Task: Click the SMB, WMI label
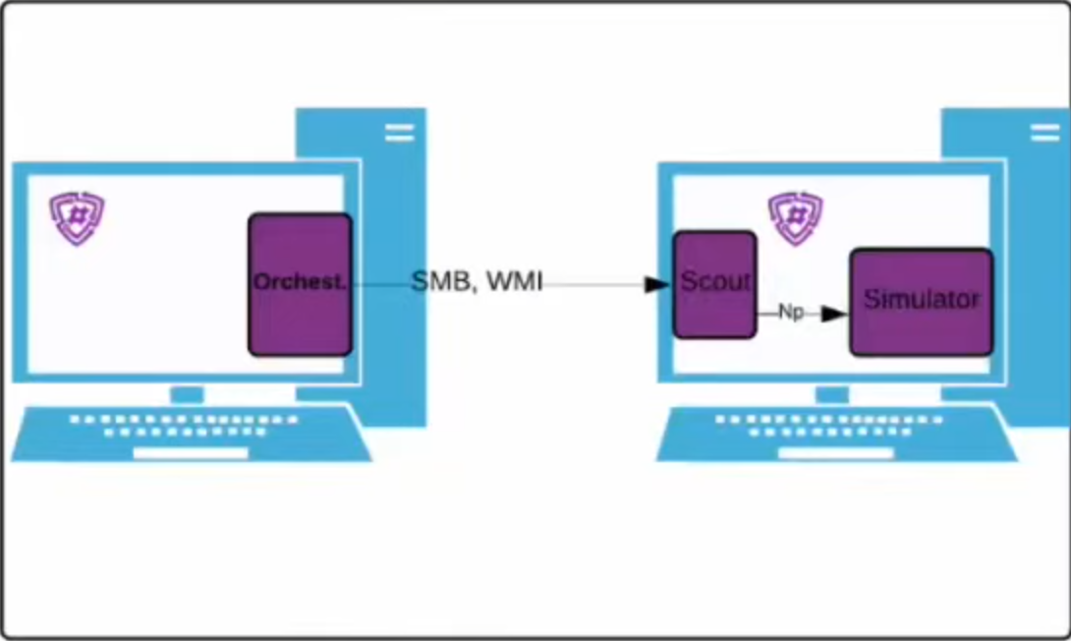tap(477, 283)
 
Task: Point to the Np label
tap(791, 313)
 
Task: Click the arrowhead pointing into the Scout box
tap(656, 284)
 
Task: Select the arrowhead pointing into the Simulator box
tap(834, 314)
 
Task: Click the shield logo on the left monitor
tap(77, 218)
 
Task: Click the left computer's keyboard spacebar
tap(191, 453)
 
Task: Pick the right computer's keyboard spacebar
tap(836, 453)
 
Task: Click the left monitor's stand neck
tap(187, 394)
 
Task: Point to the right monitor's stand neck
tap(832, 394)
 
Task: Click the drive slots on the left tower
tap(399, 133)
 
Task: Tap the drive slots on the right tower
tap(1044, 133)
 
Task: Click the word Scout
tap(715, 282)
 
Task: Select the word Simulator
tap(922, 300)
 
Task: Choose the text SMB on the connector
tap(440, 283)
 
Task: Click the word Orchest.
tap(300, 282)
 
